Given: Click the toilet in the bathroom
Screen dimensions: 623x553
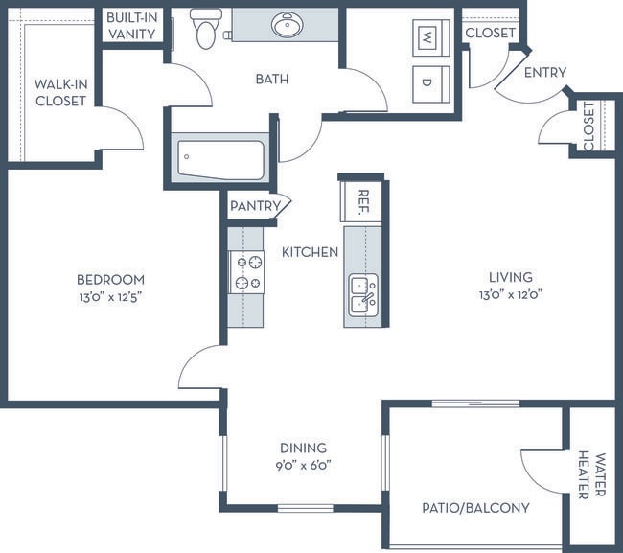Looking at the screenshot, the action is (206, 29).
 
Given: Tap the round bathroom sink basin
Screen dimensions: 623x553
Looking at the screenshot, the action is (288, 25).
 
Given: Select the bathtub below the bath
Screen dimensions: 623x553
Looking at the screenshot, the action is (220, 160).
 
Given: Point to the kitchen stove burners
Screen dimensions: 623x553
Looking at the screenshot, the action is (246, 272).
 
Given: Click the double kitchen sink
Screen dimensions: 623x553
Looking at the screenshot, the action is (363, 295).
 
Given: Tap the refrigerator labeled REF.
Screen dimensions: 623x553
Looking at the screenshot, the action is (360, 202).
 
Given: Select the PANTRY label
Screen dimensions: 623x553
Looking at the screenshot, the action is (256, 206).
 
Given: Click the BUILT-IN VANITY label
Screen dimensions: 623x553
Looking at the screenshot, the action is (132, 26).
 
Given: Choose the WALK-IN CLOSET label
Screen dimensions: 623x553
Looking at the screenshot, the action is (60, 93).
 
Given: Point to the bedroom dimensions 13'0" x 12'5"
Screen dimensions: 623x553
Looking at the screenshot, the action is (111, 297).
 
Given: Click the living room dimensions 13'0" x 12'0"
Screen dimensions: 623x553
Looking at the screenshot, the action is (511, 295).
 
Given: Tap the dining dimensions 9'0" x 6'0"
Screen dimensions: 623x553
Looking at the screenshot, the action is (304, 465).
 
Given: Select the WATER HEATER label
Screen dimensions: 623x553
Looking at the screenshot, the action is (591, 475).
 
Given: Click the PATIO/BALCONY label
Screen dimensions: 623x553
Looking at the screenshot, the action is (475, 508).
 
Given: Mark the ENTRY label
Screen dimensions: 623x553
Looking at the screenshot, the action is (545, 72).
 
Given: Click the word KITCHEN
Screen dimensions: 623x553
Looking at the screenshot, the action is (310, 252).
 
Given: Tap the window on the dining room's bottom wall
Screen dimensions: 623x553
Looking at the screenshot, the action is (305, 508).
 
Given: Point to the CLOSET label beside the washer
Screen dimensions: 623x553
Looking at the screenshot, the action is (491, 33).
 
